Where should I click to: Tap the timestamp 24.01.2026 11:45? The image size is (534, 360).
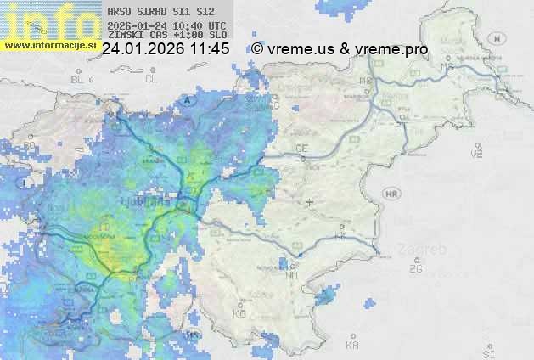point(166,49)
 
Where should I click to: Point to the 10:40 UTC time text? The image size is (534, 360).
point(202,25)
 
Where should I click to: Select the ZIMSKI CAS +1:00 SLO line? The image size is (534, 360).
point(161,36)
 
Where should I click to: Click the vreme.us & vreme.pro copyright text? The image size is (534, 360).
point(340,49)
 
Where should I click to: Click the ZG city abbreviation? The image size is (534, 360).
point(415,269)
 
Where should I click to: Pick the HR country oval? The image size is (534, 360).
point(392,194)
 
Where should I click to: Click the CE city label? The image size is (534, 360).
point(301,149)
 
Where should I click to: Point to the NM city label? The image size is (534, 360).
point(293,276)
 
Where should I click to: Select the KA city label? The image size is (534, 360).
point(352,346)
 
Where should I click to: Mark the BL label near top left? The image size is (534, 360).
point(79,79)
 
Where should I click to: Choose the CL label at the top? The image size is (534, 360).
point(151,79)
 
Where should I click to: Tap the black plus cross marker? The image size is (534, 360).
point(310,202)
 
